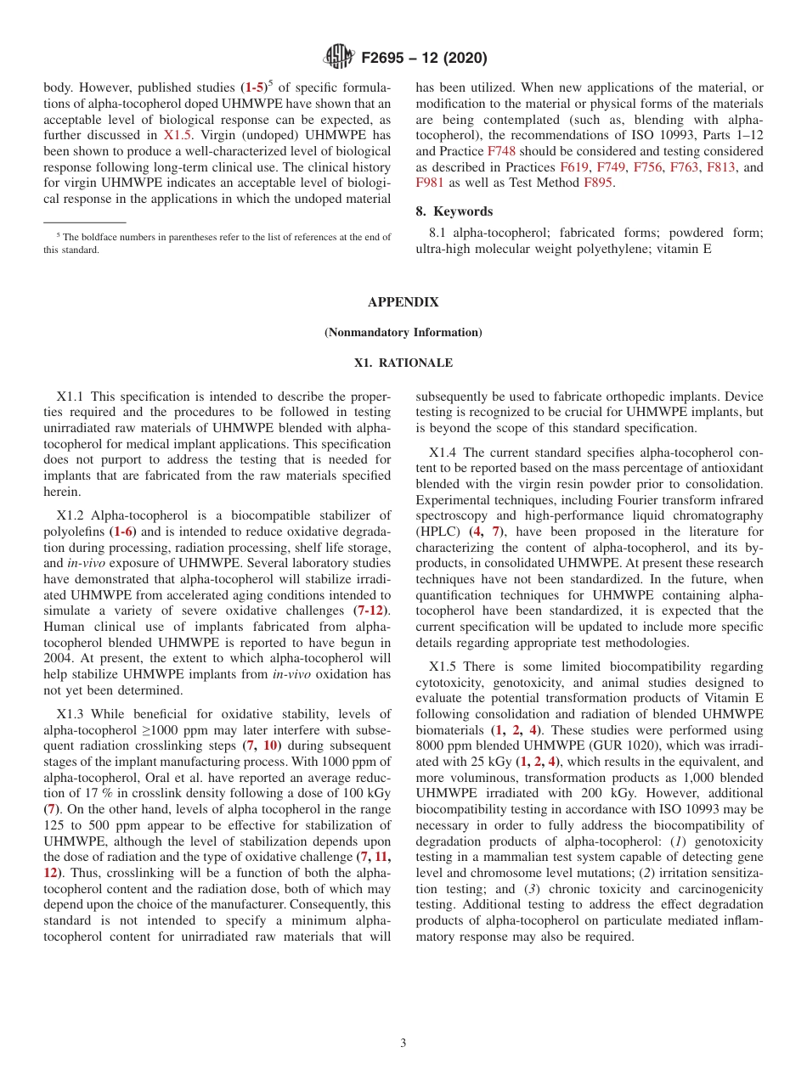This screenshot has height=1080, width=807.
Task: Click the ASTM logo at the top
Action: [x=339, y=58]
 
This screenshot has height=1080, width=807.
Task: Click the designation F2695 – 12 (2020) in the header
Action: [x=424, y=58]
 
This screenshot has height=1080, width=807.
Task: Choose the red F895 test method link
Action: [x=598, y=183]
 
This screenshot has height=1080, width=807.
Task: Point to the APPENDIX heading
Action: [x=403, y=302]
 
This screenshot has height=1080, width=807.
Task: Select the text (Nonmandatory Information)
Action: [x=403, y=332]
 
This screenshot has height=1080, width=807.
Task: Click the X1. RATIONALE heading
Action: [x=403, y=363]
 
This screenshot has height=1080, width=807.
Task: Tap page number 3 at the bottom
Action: [x=403, y=1043]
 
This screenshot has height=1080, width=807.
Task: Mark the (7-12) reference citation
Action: [x=372, y=610]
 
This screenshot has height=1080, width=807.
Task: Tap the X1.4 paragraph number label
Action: [x=444, y=452]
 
